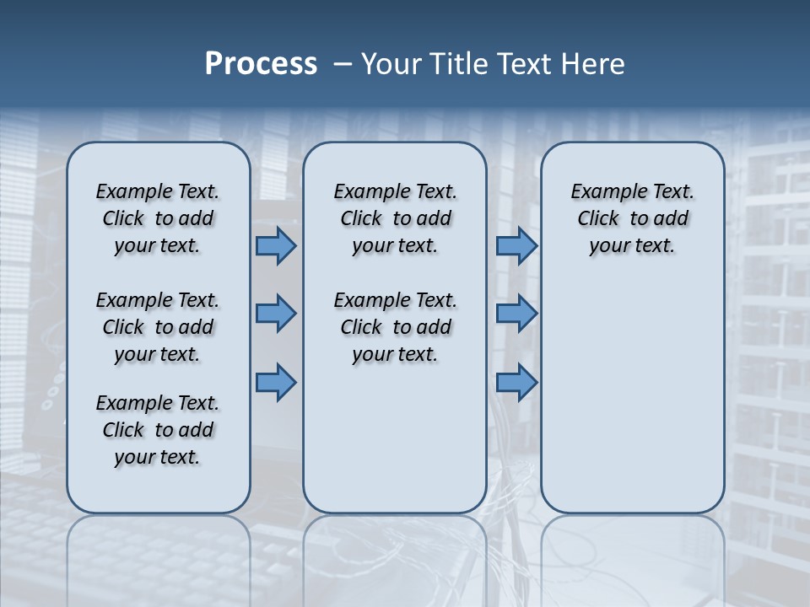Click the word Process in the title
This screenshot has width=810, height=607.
(261, 64)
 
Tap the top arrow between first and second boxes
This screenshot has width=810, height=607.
(275, 245)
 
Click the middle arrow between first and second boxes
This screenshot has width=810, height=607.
(275, 314)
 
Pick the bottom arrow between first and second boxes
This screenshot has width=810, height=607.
(275, 382)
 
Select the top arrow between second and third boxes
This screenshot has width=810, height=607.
(516, 245)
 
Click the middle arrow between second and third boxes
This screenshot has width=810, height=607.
(516, 314)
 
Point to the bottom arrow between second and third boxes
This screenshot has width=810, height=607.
(516, 382)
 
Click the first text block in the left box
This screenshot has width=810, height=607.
(158, 218)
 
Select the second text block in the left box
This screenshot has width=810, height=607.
(158, 327)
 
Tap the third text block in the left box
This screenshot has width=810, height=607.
(158, 430)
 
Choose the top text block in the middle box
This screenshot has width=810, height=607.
(395, 218)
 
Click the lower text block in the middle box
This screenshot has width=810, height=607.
(395, 327)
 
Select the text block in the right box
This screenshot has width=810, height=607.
(632, 218)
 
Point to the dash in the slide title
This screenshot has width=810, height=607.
(343, 64)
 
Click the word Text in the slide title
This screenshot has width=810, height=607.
(526, 64)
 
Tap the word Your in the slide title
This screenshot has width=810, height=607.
(391, 64)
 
